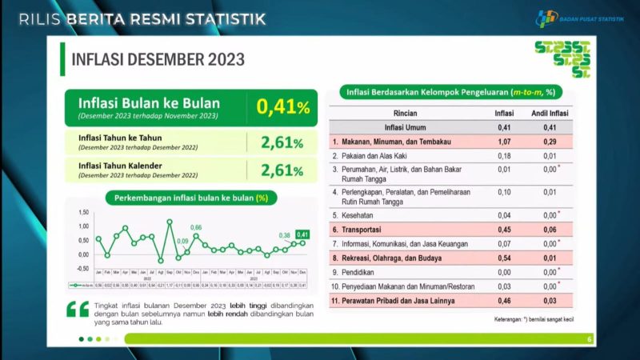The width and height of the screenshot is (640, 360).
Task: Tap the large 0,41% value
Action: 282,106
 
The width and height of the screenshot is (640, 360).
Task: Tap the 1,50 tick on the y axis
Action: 83,213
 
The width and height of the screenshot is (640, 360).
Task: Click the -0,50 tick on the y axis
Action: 82,268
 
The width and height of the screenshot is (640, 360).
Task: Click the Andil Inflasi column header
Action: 550,113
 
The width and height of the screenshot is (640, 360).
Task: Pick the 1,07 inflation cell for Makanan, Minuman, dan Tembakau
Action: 504,141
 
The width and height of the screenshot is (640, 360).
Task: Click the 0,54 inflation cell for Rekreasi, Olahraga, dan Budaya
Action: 504,257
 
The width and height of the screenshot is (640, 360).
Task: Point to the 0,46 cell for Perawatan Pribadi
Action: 504,301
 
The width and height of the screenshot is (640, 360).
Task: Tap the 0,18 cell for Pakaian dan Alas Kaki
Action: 504,155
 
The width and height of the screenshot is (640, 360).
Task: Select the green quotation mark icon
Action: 78,310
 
